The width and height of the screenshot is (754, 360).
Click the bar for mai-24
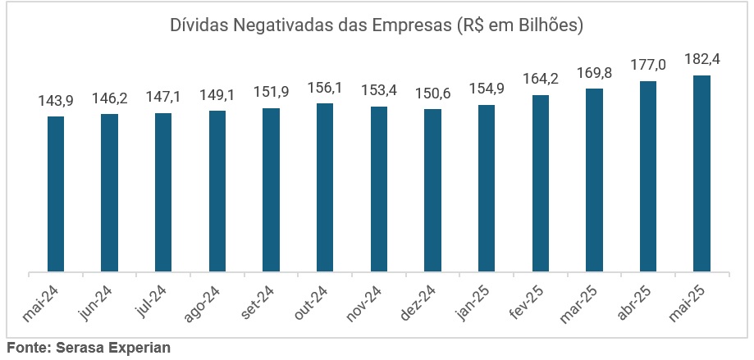pyautogui.click(x=56, y=194)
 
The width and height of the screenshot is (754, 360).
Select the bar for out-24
pyautogui.click(x=325, y=187)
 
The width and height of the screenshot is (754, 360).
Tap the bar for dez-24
pyautogui.click(x=432, y=189)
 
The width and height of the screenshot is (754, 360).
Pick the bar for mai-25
pyautogui.click(x=701, y=173)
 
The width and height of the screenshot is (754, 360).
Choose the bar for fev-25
pyautogui.click(x=541, y=183)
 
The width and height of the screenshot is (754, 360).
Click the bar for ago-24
pyautogui.click(x=217, y=190)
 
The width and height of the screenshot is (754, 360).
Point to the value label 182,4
pyautogui.click(x=701, y=60)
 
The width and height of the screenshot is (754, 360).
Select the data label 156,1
pyautogui.click(x=325, y=88)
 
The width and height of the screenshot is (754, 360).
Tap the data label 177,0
pyautogui.click(x=648, y=66)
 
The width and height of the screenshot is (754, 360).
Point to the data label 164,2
pyautogui.click(x=541, y=80)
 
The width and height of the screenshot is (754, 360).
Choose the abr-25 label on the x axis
pyautogui.click(x=638, y=303)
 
